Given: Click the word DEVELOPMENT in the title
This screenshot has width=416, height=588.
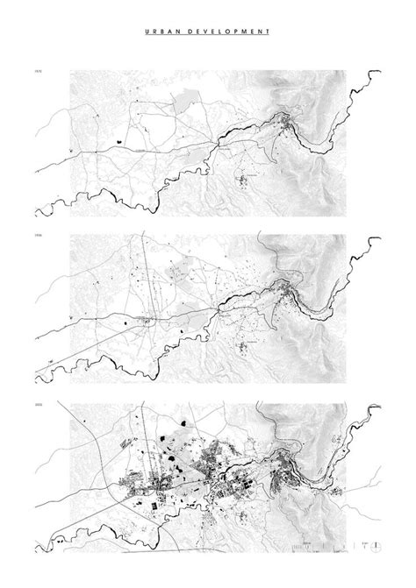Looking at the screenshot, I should pos(224,31).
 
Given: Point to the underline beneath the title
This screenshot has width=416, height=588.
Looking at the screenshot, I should pos(207,36).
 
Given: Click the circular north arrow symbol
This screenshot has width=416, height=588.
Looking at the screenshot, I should pos(376,549).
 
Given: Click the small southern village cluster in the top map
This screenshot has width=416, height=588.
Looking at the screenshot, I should pos(250,181).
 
